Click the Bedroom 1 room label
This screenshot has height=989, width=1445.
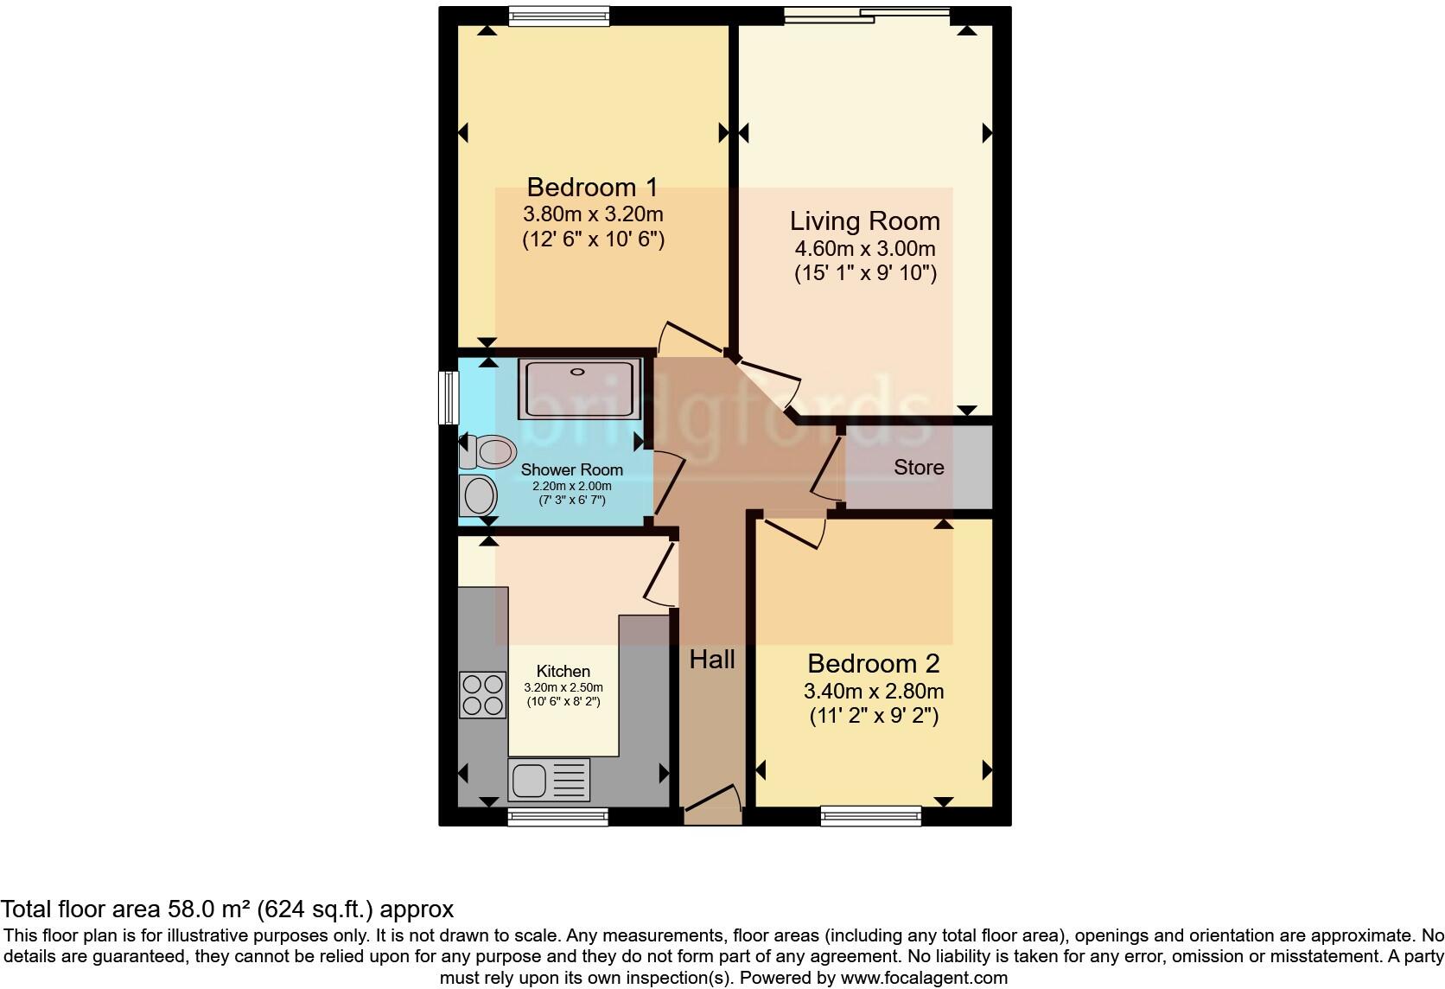pyautogui.click(x=592, y=187)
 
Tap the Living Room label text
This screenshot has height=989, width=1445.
pyautogui.click(x=864, y=221)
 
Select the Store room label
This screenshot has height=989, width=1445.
pyautogui.click(x=918, y=468)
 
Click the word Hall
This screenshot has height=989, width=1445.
pyautogui.click(x=712, y=660)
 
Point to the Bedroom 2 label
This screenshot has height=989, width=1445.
pyautogui.click(x=873, y=664)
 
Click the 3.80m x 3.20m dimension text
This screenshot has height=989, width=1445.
pyautogui.click(x=593, y=214)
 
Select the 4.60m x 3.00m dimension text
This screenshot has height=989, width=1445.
pyautogui.click(x=864, y=249)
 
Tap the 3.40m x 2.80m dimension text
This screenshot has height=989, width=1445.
pyautogui.click(x=873, y=692)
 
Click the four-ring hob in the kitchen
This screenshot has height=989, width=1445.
pyautogui.click(x=482, y=694)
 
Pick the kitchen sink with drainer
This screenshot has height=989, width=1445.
pyautogui.click(x=550, y=780)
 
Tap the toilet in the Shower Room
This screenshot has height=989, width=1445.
pyautogui.click(x=488, y=451)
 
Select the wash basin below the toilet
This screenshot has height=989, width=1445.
pyautogui.click(x=478, y=496)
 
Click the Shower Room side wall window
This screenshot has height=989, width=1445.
pyautogui.click(x=448, y=398)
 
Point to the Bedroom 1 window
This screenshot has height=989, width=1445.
pyautogui.click(x=558, y=16)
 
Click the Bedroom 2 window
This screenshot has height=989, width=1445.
pyautogui.click(x=870, y=815)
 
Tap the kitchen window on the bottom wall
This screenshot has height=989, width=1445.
pyautogui.click(x=558, y=816)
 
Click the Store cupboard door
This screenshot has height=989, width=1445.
pyautogui.click(x=828, y=468)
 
